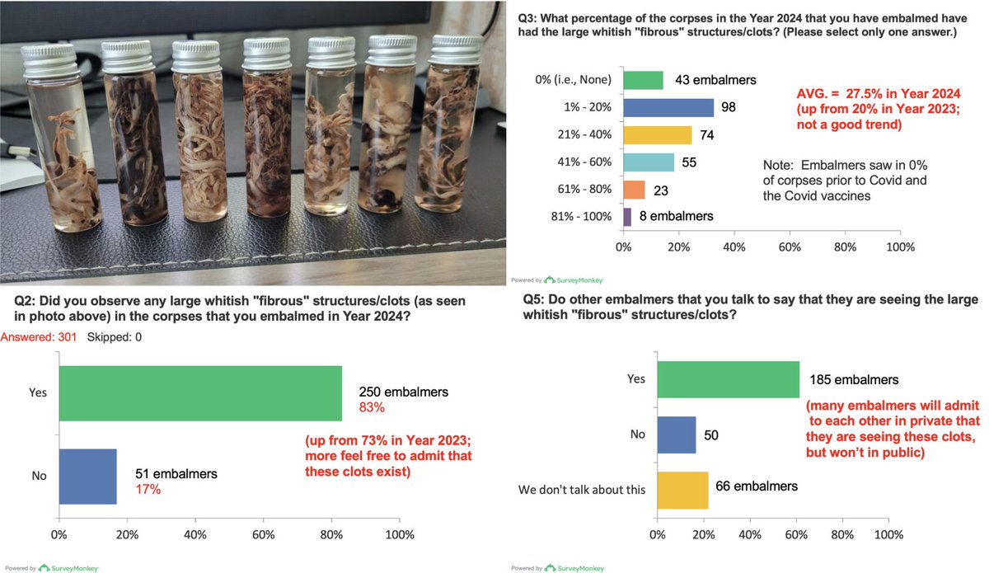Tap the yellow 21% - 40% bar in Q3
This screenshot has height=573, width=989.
coord(658,135)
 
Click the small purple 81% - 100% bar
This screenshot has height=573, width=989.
coord(627,217)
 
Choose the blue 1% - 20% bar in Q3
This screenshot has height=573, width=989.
coord(668,108)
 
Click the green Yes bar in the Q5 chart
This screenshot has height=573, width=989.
coord(729,380)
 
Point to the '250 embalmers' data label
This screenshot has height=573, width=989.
coord(403,392)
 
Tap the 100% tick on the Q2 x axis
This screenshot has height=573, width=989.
coord(401,534)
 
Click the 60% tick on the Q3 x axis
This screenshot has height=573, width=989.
coord(790,247)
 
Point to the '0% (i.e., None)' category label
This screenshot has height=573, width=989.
coord(573,81)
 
